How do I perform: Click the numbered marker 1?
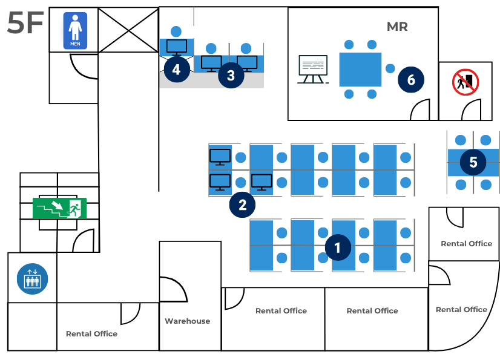[338, 247]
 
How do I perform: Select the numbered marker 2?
[242, 205]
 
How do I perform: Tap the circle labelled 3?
[231, 75]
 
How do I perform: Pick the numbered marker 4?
[177, 69]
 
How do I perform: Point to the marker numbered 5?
[473, 162]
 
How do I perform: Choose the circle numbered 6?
[411, 80]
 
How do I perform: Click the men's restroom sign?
[75, 31]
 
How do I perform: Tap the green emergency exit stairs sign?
[60, 209]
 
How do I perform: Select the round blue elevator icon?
[33, 279]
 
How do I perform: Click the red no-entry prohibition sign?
[465, 82]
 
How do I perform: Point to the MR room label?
[397, 27]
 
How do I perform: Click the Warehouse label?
[188, 321]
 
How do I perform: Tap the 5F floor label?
[25, 22]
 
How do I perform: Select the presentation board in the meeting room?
[313, 69]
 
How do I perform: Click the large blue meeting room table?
[360, 70]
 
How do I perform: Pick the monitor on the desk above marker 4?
[177, 47]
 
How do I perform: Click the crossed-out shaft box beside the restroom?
[128, 30]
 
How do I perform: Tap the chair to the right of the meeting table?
[390, 68]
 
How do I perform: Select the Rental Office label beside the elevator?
[92, 334]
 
